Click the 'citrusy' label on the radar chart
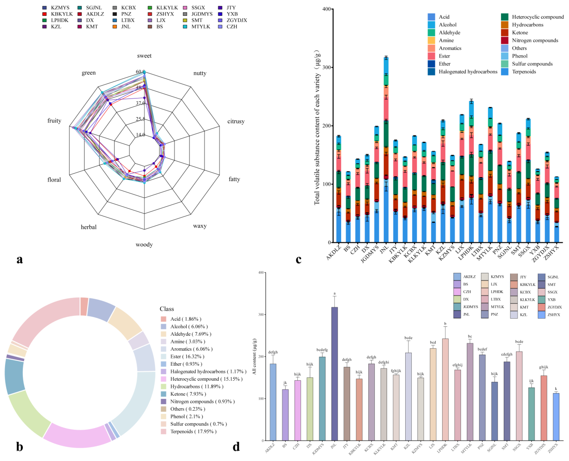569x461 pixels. point(236,121)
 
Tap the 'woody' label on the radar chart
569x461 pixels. point(144,244)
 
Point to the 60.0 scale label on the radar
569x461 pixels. point(140,72)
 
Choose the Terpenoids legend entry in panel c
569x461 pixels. point(524,72)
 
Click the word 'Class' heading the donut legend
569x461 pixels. point(167,309)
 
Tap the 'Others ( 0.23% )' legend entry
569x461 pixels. point(188,409)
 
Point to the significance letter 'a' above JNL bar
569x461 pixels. point(335,293)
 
